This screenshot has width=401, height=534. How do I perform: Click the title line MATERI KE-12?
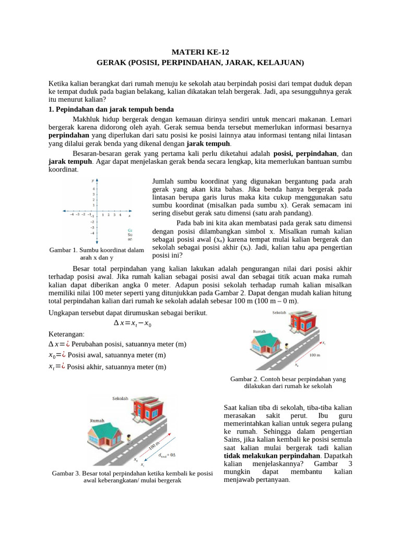coord(200,52)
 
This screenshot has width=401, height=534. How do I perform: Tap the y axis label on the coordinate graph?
coord(93,180)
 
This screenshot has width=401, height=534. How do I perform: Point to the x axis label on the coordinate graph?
coord(129,215)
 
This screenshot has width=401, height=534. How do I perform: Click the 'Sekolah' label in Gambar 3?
coord(121,398)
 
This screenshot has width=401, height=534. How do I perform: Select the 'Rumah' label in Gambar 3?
coord(97,420)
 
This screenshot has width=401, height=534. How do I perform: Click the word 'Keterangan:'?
coord(66,334)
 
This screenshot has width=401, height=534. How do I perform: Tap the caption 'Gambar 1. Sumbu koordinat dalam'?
coord(97,250)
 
